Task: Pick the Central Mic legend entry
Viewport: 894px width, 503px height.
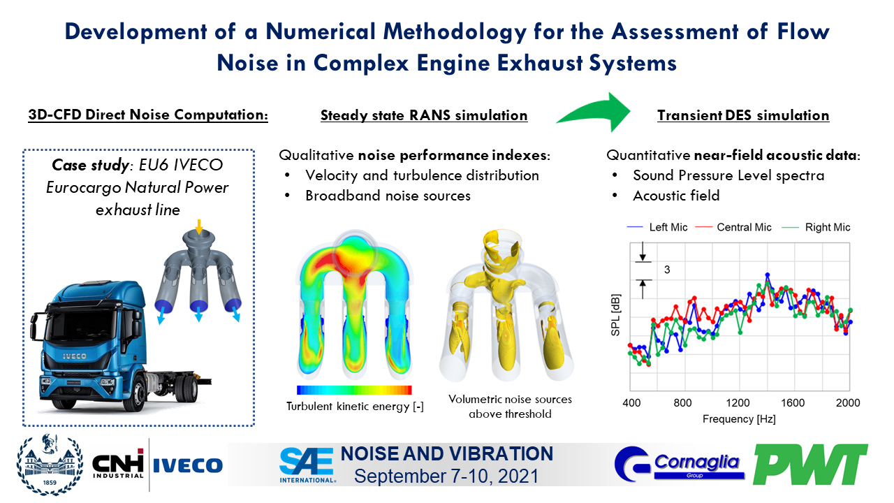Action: tap(739, 227)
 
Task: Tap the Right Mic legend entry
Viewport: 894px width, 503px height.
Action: tap(819, 227)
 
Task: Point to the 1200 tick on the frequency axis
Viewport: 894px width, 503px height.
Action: tap(740, 403)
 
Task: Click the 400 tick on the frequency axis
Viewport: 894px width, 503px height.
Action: tap(631, 403)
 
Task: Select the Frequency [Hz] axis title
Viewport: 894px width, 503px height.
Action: tap(740, 419)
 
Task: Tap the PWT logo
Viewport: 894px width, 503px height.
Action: tap(810, 464)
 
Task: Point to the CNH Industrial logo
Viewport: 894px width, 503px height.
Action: tap(118, 465)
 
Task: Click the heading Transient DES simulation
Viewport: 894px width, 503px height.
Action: tap(743, 115)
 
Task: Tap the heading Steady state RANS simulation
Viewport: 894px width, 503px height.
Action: tap(424, 115)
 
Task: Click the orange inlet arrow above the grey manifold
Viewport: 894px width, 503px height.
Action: tap(199, 226)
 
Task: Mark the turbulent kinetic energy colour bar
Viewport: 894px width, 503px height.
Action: tap(354, 390)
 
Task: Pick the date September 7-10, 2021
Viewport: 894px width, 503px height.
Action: tap(447, 476)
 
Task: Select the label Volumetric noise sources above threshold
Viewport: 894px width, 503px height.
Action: tap(510, 407)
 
